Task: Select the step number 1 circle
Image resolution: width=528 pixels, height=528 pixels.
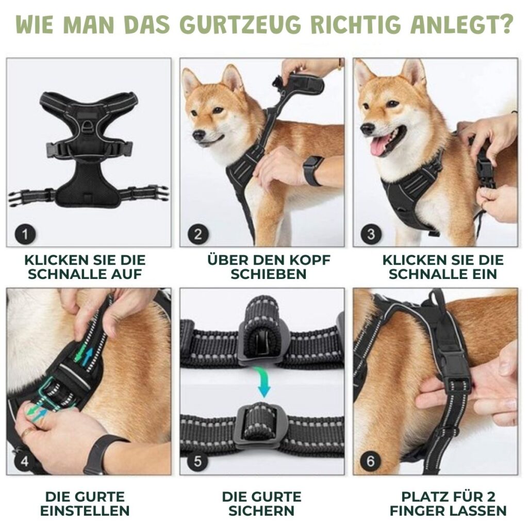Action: click(x=25, y=234)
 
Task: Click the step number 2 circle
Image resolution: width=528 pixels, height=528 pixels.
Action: click(x=198, y=234)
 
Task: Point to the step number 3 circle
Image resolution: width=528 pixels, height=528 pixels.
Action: click(x=371, y=234)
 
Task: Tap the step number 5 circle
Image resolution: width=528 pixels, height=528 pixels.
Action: click(x=198, y=461)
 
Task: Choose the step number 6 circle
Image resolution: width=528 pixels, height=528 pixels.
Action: click(x=371, y=461)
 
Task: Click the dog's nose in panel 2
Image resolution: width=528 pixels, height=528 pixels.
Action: click(x=199, y=135)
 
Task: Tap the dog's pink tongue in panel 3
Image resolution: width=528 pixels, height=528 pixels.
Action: click(x=379, y=146)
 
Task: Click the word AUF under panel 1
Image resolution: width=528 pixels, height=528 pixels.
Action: click(x=129, y=274)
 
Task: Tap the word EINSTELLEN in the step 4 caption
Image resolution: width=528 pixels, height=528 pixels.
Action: click(x=85, y=511)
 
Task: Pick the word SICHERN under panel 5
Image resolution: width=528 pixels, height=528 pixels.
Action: click(x=261, y=511)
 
